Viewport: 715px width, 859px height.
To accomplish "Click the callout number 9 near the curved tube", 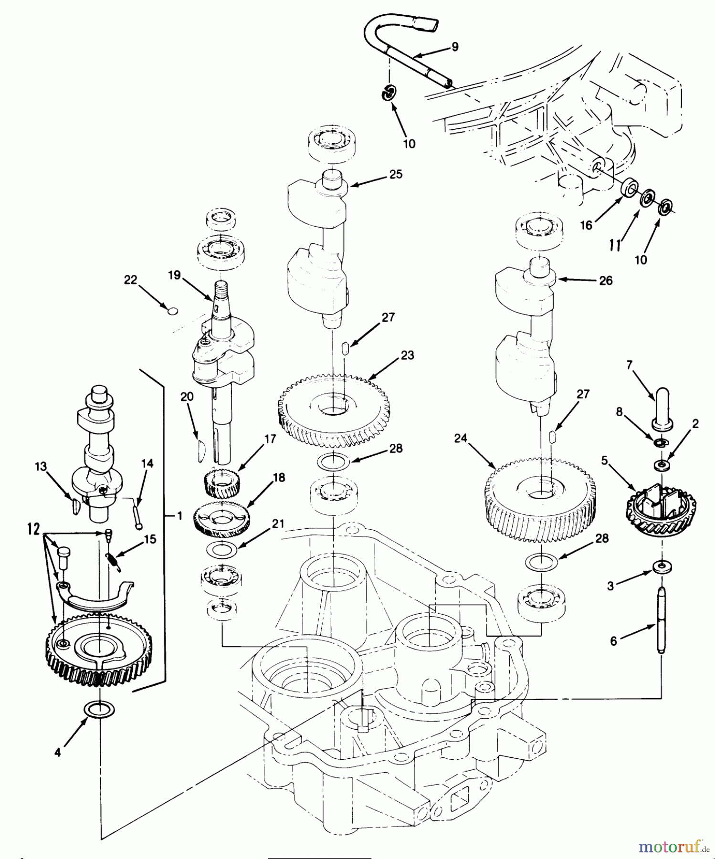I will tap(454, 47).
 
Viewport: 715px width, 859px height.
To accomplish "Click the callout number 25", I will tap(396, 174).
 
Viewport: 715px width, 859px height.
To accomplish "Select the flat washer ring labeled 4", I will tap(99, 710).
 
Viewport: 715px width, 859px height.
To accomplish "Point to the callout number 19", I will tap(174, 275).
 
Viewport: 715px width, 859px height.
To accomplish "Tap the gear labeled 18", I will tap(222, 517).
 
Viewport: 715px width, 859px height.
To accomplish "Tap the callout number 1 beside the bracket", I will tap(179, 516).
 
